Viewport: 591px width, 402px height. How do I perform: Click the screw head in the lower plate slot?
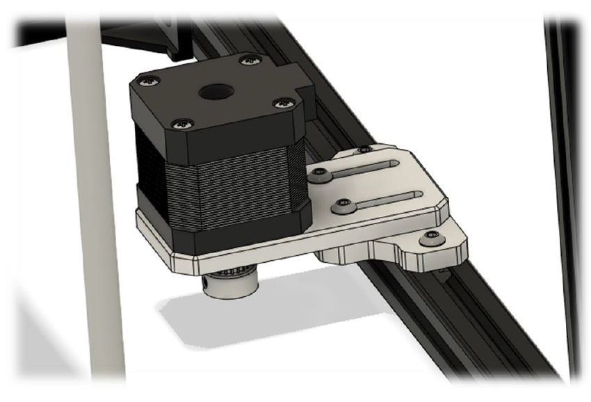point(342,205)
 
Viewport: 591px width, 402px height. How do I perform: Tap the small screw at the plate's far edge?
point(363,149)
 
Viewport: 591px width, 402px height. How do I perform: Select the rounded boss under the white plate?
point(341,254)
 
